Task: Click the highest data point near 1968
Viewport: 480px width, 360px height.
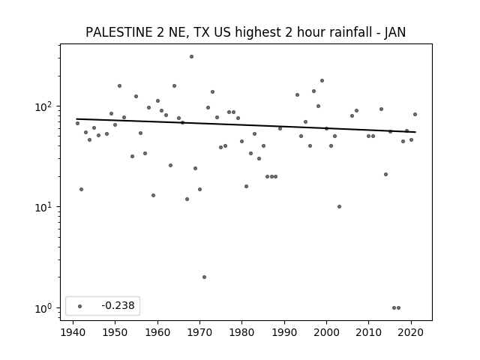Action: [x=192, y=57]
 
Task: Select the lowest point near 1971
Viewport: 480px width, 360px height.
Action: [x=204, y=277]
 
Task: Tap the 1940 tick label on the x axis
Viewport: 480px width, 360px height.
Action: [x=73, y=332]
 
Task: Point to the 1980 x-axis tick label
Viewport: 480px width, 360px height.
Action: [x=241, y=332]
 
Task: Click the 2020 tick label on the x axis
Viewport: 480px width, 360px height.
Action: [x=411, y=332]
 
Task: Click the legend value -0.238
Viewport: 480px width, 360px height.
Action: [x=118, y=305]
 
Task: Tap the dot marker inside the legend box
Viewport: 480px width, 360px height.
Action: [x=80, y=306]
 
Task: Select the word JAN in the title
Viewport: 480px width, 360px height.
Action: [x=395, y=32]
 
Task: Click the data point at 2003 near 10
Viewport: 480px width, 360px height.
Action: [x=339, y=207]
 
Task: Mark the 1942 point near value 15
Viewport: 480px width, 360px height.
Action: [x=81, y=190]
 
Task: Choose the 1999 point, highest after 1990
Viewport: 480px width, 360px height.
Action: [x=322, y=81]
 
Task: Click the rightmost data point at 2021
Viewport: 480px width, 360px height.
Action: [x=415, y=115]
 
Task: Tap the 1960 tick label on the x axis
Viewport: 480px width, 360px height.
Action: [x=157, y=332]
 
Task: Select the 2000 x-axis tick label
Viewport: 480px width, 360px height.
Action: [x=326, y=332]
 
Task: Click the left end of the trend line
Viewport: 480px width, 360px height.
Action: [x=76, y=118]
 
